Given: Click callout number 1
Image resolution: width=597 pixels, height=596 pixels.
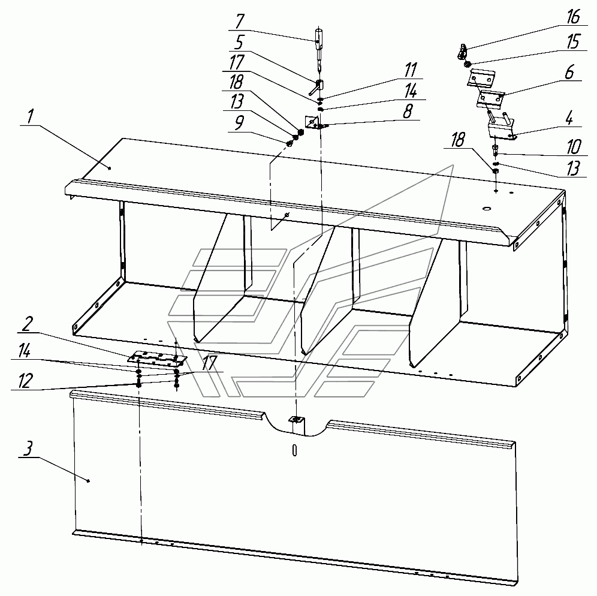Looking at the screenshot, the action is click(x=31, y=116).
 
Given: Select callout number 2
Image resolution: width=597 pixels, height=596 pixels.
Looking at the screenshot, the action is click(x=27, y=324).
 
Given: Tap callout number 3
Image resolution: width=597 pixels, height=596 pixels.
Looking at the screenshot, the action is click(x=28, y=448).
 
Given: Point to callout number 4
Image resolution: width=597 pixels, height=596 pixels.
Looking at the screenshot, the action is click(x=569, y=119).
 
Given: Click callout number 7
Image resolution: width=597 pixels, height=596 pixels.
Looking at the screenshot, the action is click(x=240, y=22).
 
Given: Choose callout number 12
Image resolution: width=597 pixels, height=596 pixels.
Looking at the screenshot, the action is click(x=25, y=381).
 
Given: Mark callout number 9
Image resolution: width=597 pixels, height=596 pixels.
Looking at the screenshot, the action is click(x=239, y=123).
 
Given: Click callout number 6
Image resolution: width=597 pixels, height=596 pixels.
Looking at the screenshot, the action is click(x=569, y=72).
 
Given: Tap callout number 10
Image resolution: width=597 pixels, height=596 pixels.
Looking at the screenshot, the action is click(x=574, y=147).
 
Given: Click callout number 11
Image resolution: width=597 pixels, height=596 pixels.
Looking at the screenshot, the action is click(x=411, y=70).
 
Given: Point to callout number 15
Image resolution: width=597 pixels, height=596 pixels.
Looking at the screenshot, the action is click(x=574, y=41).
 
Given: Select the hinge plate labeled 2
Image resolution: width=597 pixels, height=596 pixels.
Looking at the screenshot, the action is click(x=158, y=358).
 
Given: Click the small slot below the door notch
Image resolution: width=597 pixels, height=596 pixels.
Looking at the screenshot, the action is click(x=294, y=450).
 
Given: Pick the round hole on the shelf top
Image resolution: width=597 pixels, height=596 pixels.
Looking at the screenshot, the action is click(x=486, y=208).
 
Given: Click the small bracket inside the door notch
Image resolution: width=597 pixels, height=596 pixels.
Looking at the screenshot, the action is click(x=297, y=420).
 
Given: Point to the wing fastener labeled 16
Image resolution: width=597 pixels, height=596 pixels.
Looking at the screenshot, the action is click(x=462, y=50).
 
